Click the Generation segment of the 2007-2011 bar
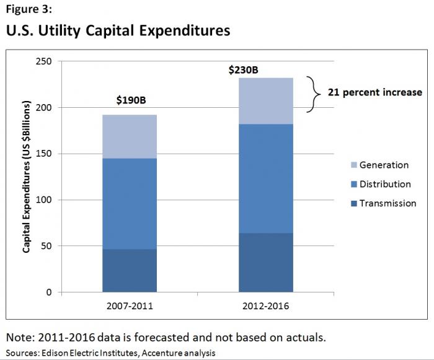point(130,136)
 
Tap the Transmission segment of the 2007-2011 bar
point(130,270)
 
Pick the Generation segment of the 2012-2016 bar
point(266,101)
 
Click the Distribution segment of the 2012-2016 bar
point(266,178)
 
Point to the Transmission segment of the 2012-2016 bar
point(266,262)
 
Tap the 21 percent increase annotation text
point(376,92)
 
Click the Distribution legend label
point(385,184)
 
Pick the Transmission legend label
point(387,203)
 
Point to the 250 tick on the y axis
point(45,61)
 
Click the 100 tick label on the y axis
point(45,200)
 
